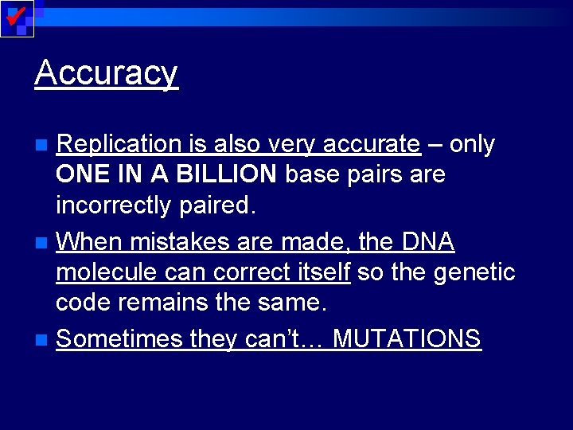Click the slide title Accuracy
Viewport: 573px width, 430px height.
[x=106, y=73]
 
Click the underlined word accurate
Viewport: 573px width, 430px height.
[x=372, y=144]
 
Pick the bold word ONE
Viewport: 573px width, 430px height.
[x=80, y=174]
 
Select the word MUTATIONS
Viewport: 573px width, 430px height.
[x=407, y=339]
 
